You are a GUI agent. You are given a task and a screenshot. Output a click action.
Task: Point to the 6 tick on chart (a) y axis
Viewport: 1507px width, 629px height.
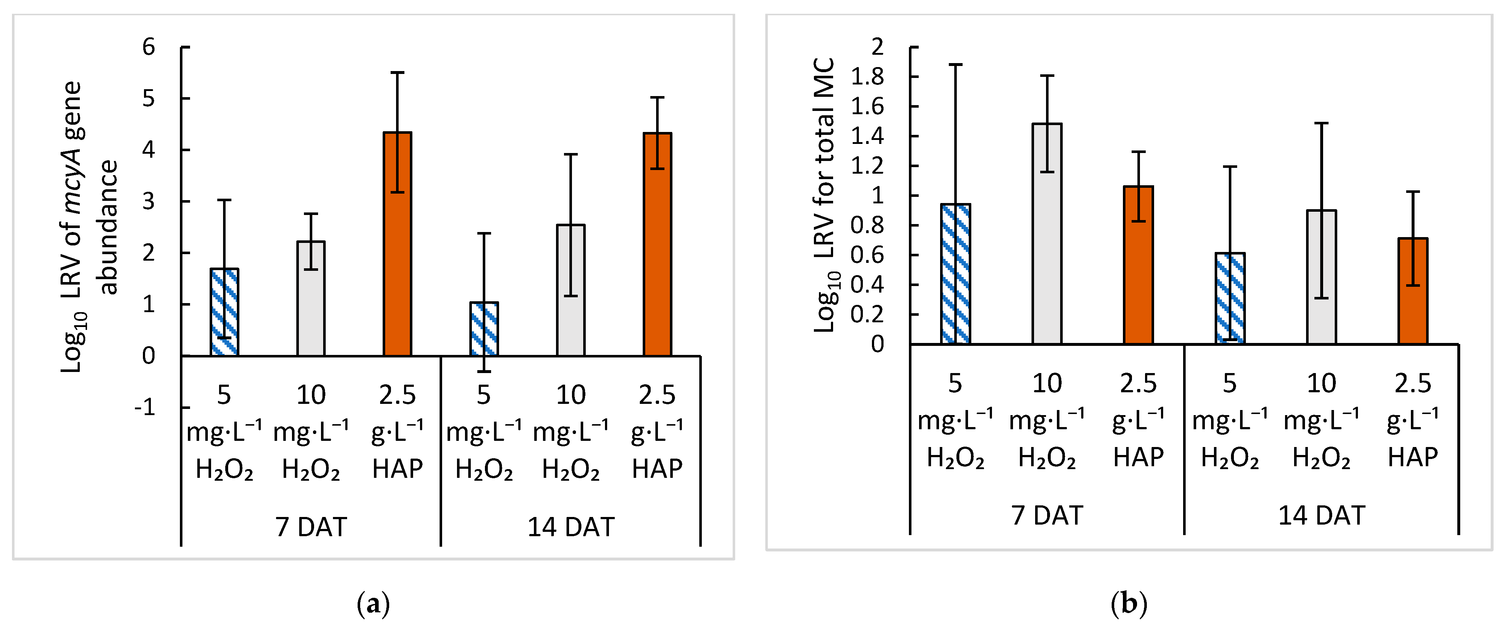(149, 47)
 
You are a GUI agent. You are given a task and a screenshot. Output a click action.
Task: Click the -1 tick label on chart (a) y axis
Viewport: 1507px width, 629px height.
(145, 407)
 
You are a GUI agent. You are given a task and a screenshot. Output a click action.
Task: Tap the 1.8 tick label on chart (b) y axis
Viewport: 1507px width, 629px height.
(868, 76)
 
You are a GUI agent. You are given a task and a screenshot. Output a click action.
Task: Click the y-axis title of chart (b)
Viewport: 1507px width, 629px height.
(825, 196)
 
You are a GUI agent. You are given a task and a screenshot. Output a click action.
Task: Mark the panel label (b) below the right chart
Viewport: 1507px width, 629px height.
(1128, 603)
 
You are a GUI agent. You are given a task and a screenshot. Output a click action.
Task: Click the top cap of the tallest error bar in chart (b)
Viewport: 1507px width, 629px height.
(955, 64)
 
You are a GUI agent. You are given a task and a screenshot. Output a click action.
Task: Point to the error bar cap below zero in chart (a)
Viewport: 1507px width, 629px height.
(484, 371)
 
